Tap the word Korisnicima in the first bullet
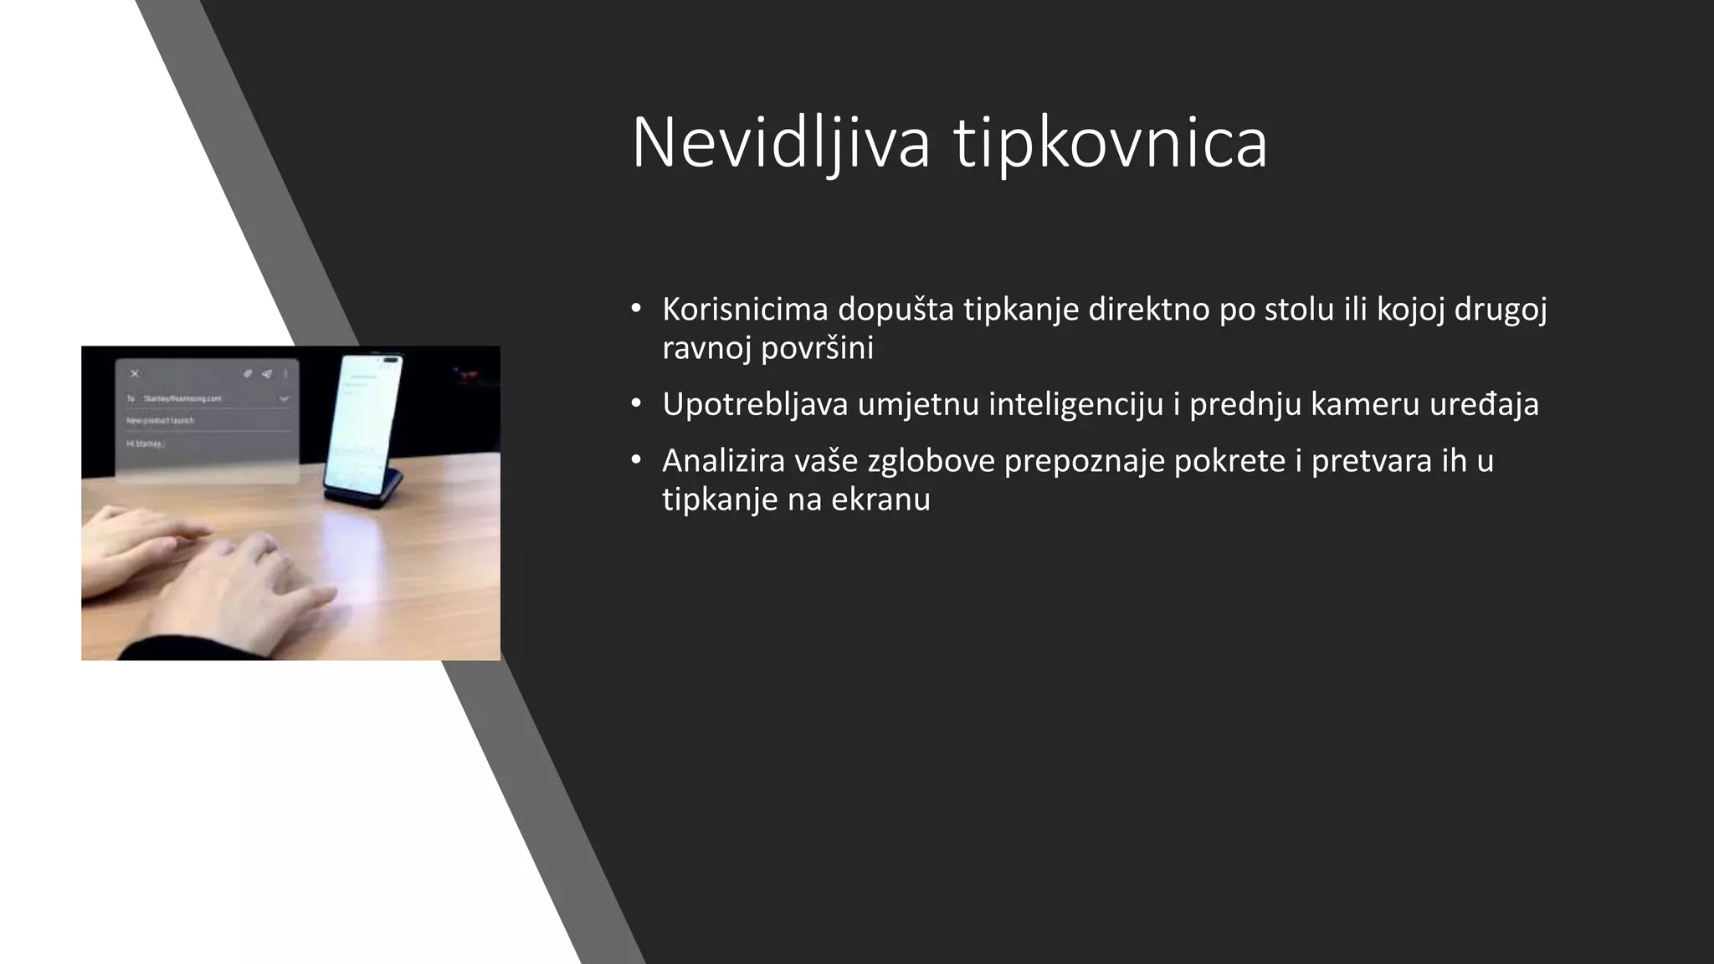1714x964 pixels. point(745,310)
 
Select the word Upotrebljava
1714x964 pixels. point(754,404)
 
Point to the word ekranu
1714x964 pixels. point(880,500)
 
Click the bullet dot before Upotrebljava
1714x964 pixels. point(637,404)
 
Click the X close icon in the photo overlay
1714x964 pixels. point(135,374)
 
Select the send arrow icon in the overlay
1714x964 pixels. point(267,374)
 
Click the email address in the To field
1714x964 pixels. point(182,399)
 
